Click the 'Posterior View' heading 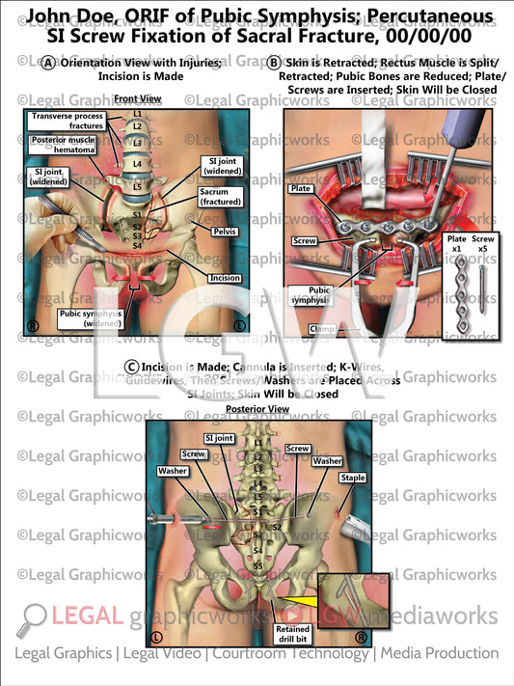(x=257, y=409)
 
